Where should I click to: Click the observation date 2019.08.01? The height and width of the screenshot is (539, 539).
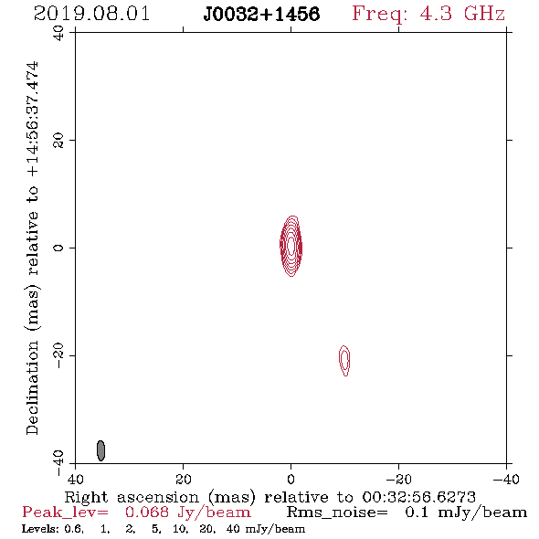point(91,14)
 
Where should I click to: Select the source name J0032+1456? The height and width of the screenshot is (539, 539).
point(261,14)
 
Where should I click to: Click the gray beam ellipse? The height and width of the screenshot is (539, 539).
point(100,450)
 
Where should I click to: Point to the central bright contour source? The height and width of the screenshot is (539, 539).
point(291,246)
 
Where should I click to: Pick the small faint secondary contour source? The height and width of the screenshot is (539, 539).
point(344,360)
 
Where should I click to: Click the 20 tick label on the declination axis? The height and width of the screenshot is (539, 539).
point(58,141)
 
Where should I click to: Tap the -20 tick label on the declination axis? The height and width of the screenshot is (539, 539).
point(58,355)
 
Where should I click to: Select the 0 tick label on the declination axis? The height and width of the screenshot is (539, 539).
point(58,248)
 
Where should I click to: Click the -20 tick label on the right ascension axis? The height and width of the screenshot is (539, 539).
point(398,479)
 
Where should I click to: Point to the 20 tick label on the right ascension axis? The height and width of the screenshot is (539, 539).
point(184,479)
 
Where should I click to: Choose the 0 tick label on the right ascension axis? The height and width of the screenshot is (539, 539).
point(291,479)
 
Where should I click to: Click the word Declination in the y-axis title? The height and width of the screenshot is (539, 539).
point(32,387)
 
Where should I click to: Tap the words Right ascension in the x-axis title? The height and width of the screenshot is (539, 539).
point(132,497)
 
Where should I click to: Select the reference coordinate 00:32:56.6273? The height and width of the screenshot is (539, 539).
point(418,497)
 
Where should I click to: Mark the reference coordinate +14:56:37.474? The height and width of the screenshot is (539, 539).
point(33,119)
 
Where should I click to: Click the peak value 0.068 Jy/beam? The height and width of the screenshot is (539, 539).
point(187,513)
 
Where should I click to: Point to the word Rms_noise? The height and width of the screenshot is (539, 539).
point(337,513)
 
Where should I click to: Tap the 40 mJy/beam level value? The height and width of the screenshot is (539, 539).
point(265,529)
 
